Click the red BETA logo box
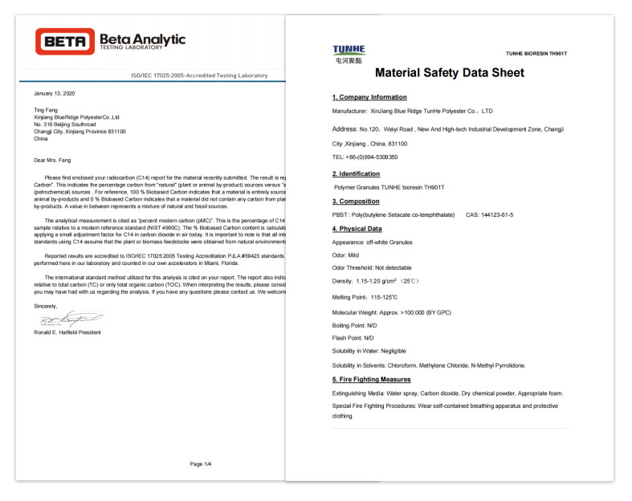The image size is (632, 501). point(64,41)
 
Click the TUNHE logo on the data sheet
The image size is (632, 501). point(349,53)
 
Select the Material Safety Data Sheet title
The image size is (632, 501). point(450,73)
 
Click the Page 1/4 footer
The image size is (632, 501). point(201,463)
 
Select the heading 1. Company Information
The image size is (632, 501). point(369,97)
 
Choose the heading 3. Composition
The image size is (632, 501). point(356,202)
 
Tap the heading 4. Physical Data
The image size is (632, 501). point(357,229)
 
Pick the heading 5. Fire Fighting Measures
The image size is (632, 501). point(372,379)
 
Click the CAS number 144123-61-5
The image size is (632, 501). point(489,214)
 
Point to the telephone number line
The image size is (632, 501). point(365,157)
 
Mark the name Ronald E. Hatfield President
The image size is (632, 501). point(67,332)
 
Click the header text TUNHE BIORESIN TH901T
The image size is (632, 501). point(536,54)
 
